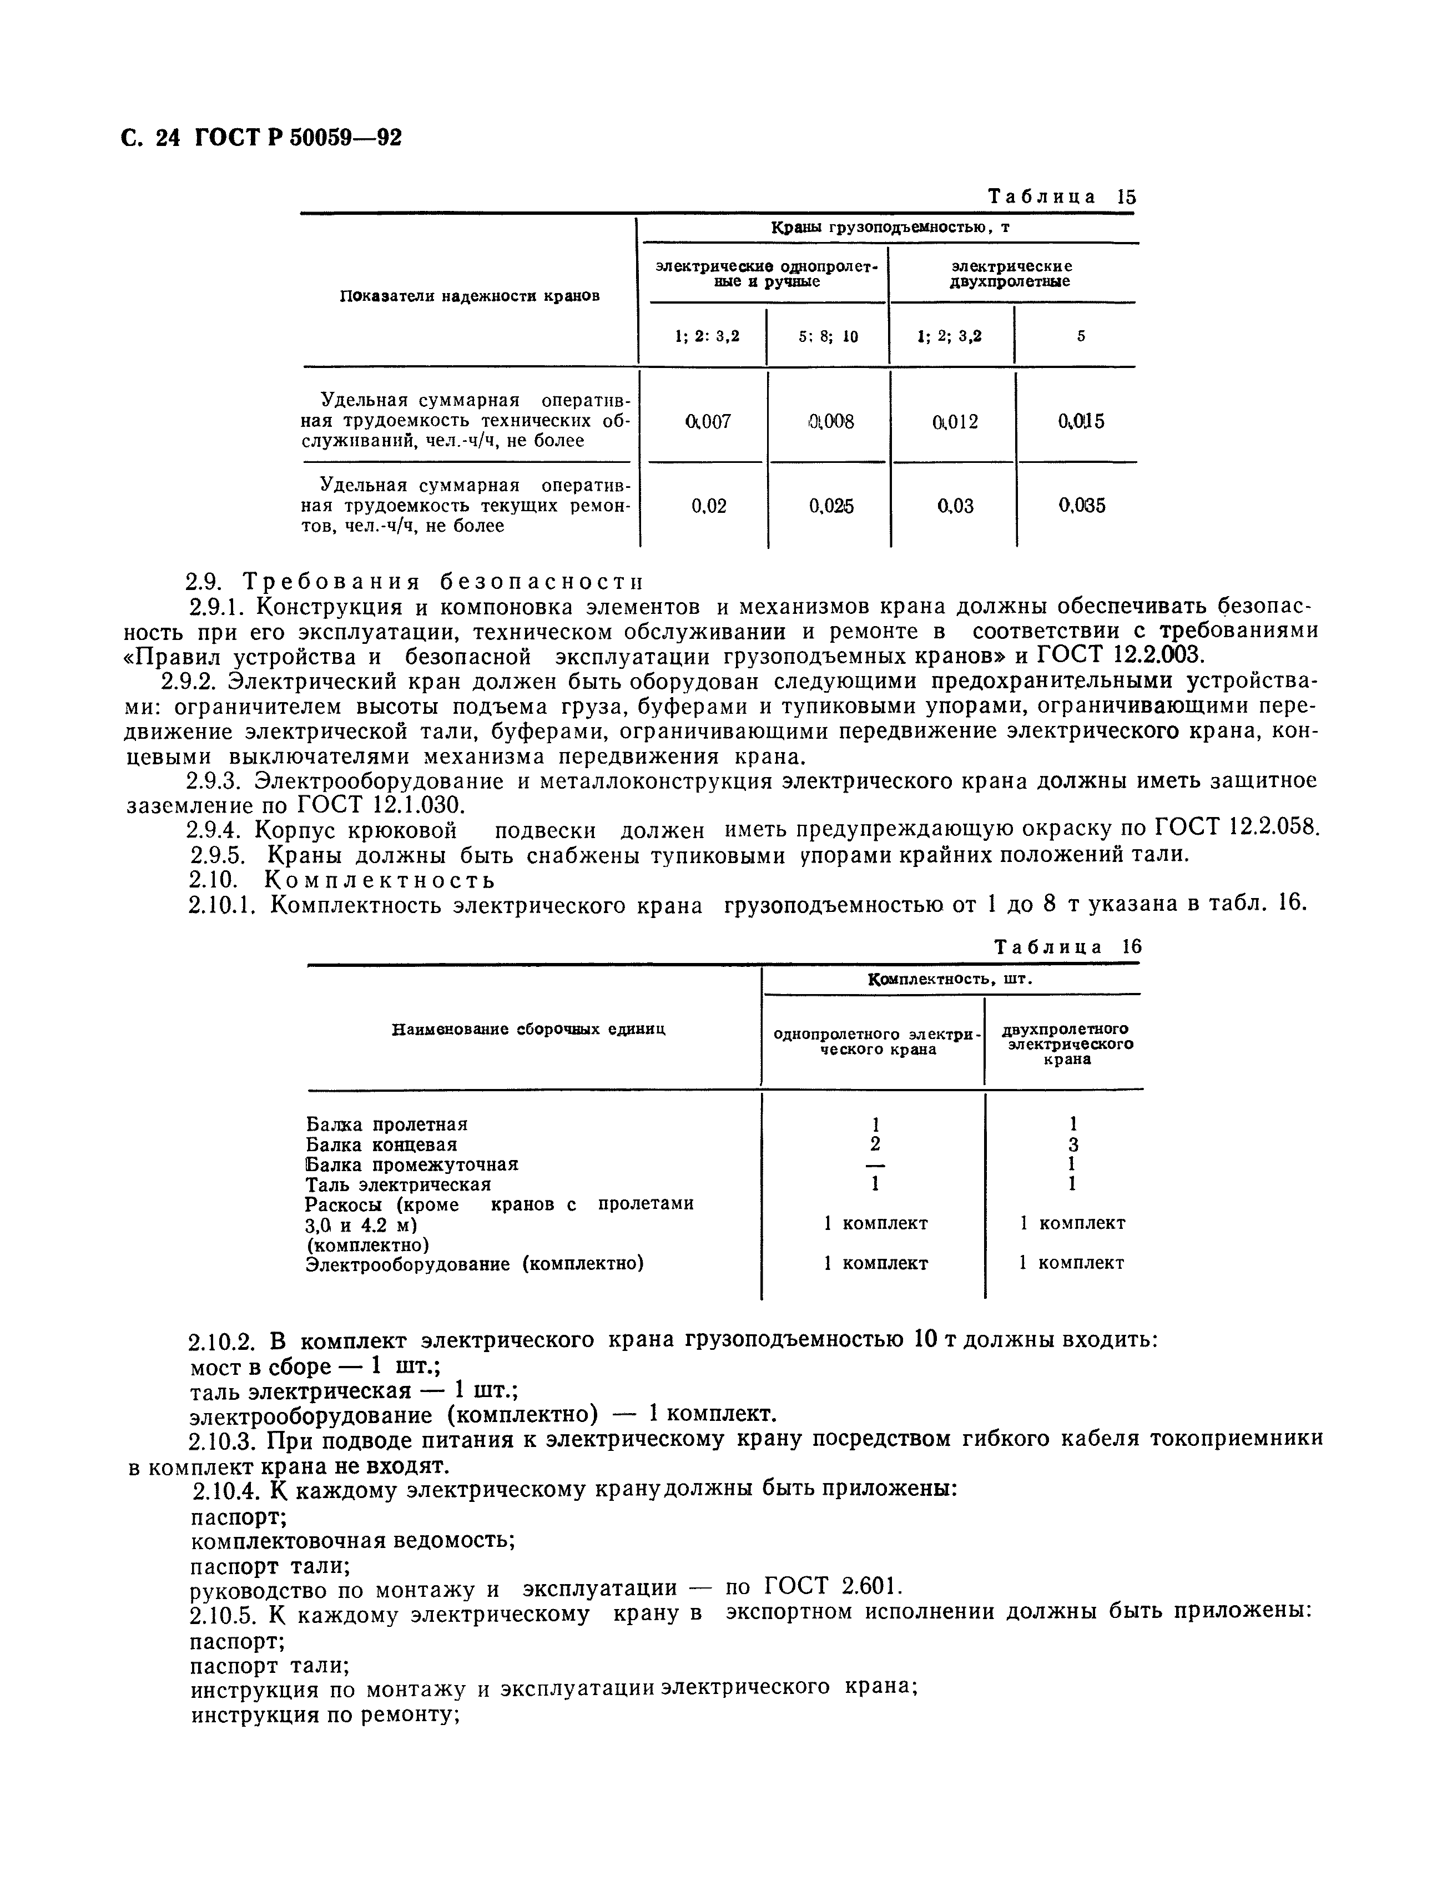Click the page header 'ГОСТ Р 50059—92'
(298, 138)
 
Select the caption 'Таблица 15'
(1061, 197)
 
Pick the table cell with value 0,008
(831, 421)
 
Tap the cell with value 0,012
(955, 421)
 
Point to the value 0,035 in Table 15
(1081, 506)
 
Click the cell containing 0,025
(831, 506)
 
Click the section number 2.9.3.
(215, 781)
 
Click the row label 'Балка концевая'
(381, 1144)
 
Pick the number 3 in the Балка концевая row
(1073, 1144)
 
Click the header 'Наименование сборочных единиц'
(528, 1030)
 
